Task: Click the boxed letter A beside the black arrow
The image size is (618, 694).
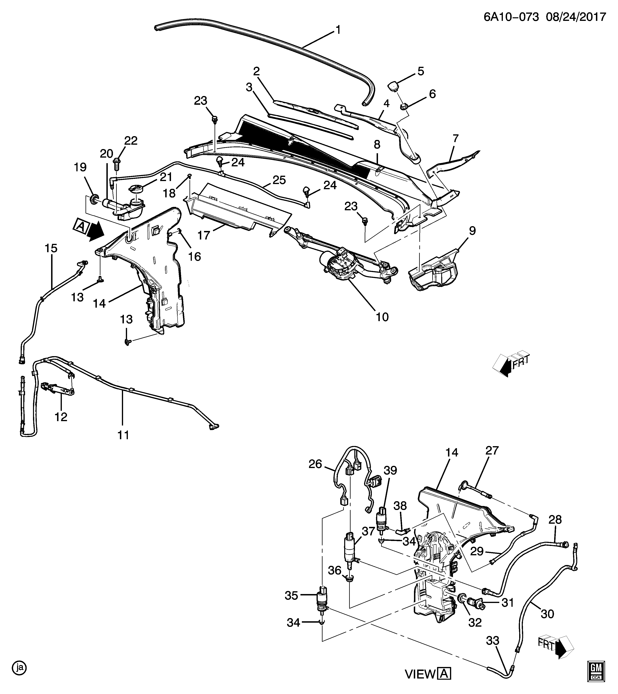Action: click(x=80, y=226)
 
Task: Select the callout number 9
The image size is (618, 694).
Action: click(x=472, y=231)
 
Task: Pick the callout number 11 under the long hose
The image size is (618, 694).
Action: click(x=123, y=435)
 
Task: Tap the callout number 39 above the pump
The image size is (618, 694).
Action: click(x=390, y=470)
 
